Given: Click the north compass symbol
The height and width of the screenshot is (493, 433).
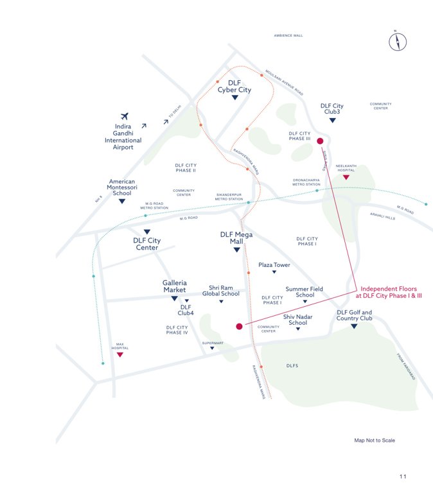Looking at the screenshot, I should [x=398, y=42].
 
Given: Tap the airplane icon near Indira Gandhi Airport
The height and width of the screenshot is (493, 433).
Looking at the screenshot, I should [x=124, y=116].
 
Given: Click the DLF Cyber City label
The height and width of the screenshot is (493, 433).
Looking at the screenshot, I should [x=234, y=87].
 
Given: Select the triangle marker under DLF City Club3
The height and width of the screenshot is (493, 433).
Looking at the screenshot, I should [x=332, y=120].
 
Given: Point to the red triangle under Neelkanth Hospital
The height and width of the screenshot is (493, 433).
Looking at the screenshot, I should [x=346, y=177].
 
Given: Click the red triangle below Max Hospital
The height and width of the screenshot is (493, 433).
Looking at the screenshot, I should [x=119, y=354].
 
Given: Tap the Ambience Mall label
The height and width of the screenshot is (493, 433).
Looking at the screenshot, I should [x=288, y=36].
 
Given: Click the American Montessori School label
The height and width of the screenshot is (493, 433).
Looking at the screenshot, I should [x=121, y=187].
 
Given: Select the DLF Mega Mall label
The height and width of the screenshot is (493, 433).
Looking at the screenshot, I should [x=236, y=238].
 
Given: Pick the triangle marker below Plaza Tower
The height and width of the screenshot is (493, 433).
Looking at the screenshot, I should [x=274, y=272].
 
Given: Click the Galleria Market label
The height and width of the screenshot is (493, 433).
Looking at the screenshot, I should [x=174, y=286].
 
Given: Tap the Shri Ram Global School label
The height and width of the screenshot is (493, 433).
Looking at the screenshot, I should [x=220, y=291].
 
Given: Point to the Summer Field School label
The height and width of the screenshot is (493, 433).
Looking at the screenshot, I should [x=305, y=292].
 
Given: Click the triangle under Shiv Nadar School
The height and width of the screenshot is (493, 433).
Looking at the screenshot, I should [x=297, y=329].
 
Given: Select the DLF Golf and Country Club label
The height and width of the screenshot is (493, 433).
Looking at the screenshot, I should [x=354, y=315].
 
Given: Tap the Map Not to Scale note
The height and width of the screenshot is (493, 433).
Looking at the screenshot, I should [x=375, y=440].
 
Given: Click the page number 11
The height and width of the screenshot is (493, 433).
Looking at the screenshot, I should [x=403, y=476].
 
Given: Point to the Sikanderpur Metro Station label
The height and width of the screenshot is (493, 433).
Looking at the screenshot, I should [x=229, y=196].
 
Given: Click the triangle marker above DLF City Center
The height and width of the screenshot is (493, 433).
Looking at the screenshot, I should [x=147, y=232].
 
